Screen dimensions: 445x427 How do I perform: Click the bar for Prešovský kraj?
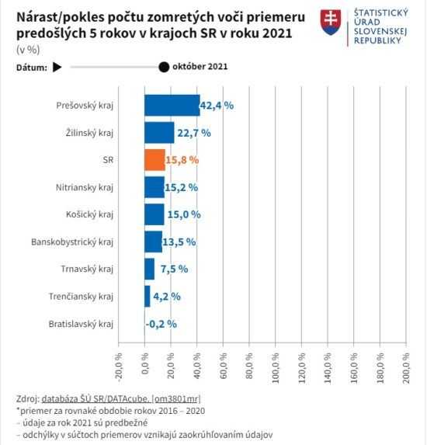tap(172, 106)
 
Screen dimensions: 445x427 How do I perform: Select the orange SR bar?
tap(154, 160)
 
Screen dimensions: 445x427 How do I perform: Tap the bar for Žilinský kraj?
tap(159, 133)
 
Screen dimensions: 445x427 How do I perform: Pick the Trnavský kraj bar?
tap(149, 269)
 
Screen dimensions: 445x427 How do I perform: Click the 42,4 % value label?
tap(217, 106)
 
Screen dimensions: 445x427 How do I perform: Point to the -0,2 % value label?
tap(161, 323)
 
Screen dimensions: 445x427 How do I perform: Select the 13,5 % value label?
tap(179, 242)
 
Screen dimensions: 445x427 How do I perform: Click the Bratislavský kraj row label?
tap(81, 323)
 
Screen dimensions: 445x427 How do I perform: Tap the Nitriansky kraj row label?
tap(85, 187)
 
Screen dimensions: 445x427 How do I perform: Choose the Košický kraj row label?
tap(90, 214)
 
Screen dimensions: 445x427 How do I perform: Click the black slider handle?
tap(164, 67)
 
